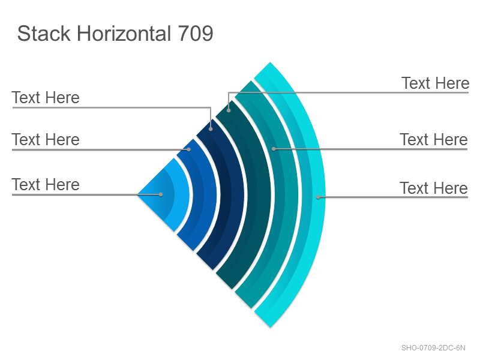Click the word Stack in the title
click(44, 34)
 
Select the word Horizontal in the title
click(124, 34)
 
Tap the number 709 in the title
click(196, 34)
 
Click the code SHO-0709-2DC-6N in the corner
click(433, 348)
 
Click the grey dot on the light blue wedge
click(161, 194)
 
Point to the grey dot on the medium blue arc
click(189, 149)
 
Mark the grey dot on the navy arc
click(211, 129)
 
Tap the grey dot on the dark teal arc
click(229, 110)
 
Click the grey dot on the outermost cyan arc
click(318, 197)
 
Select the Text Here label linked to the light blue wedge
click(46, 185)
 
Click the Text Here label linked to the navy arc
click(46, 98)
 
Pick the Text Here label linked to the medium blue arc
click(46, 140)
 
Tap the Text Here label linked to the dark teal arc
click(435, 83)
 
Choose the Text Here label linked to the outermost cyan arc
click(434, 188)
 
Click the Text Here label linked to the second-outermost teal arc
click(434, 140)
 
